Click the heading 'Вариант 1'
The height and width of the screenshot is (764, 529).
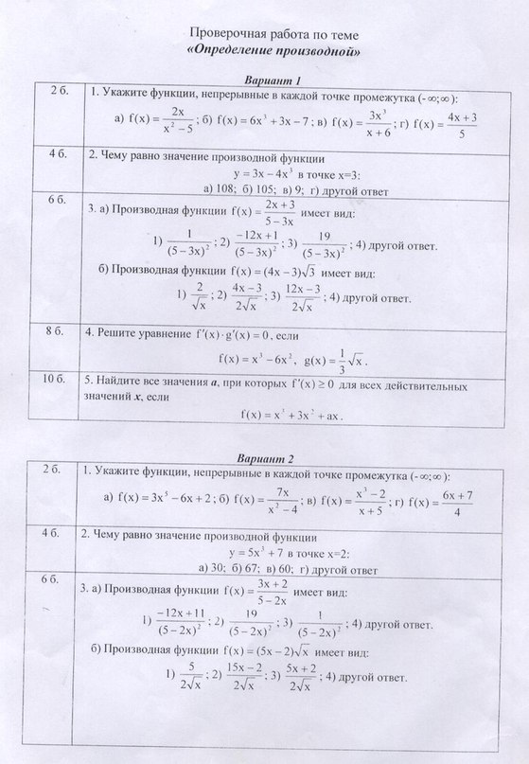pyautogui.click(x=273, y=80)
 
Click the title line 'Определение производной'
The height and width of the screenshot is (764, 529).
pyautogui.click(x=273, y=49)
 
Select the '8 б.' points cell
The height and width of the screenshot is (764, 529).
pyautogui.click(x=54, y=331)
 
